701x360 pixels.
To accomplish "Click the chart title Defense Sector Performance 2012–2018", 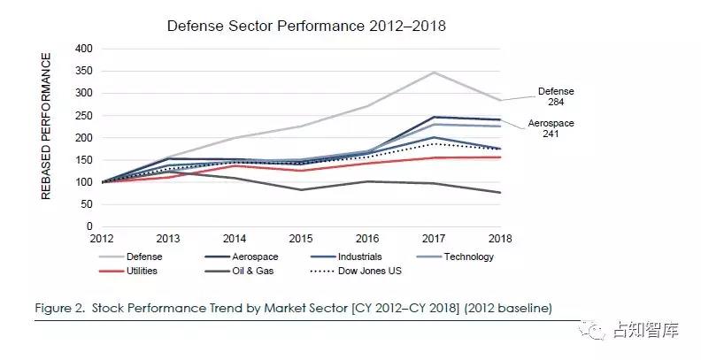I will pyautogui.click(x=306, y=26).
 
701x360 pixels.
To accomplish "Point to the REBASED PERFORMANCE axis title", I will pyautogui.click(x=47, y=126).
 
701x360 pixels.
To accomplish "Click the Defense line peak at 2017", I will pyautogui.click(x=434, y=72).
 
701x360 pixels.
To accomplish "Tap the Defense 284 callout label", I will pyautogui.click(x=558, y=97).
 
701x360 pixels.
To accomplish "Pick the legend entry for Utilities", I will pyautogui.click(x=143, y=271).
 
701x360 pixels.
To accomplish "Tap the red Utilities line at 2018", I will pyautogui.click(x=500, y=157).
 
